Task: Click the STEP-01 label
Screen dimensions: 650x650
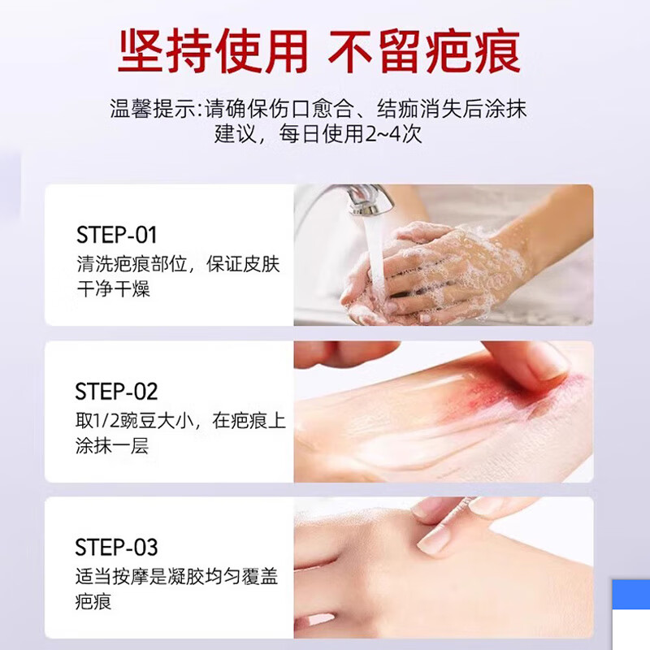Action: coord(116,236)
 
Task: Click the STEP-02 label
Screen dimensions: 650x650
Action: coord(116,392)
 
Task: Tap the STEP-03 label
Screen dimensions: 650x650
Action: coord(116,547)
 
